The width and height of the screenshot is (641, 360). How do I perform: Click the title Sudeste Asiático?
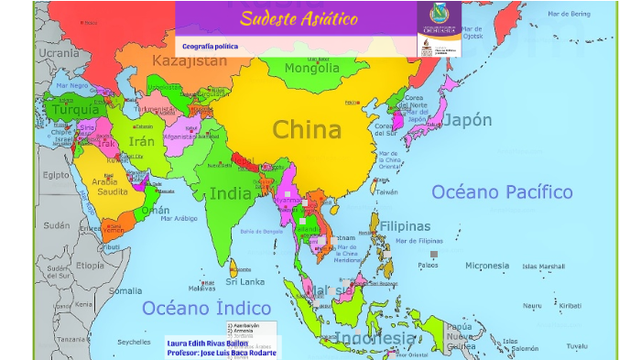[299, 18]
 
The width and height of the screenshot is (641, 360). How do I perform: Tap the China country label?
[308, 129]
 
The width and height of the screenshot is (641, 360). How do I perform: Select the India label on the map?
[231, 193]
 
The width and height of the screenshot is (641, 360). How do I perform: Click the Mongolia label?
[311, 69]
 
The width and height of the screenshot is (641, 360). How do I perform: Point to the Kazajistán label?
[189, 61]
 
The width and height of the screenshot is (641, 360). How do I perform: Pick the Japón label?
[467, 120]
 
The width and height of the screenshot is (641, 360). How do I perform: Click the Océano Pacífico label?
[502, 191]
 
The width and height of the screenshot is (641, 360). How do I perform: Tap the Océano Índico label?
[206, 308]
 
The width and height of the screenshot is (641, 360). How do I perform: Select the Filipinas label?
[405, 226]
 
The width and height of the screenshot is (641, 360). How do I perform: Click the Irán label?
[142, 141]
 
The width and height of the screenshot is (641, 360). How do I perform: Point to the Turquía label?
[74, 110]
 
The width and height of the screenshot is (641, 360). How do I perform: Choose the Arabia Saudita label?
[111, 187]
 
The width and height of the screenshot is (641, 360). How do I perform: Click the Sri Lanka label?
[246, 281]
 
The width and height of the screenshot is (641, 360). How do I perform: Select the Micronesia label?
[486, 266]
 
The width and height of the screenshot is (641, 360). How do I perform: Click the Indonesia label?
[374, 338]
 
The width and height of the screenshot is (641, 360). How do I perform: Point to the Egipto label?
[56, 174]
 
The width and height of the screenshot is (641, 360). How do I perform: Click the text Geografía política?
[210, 46]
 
